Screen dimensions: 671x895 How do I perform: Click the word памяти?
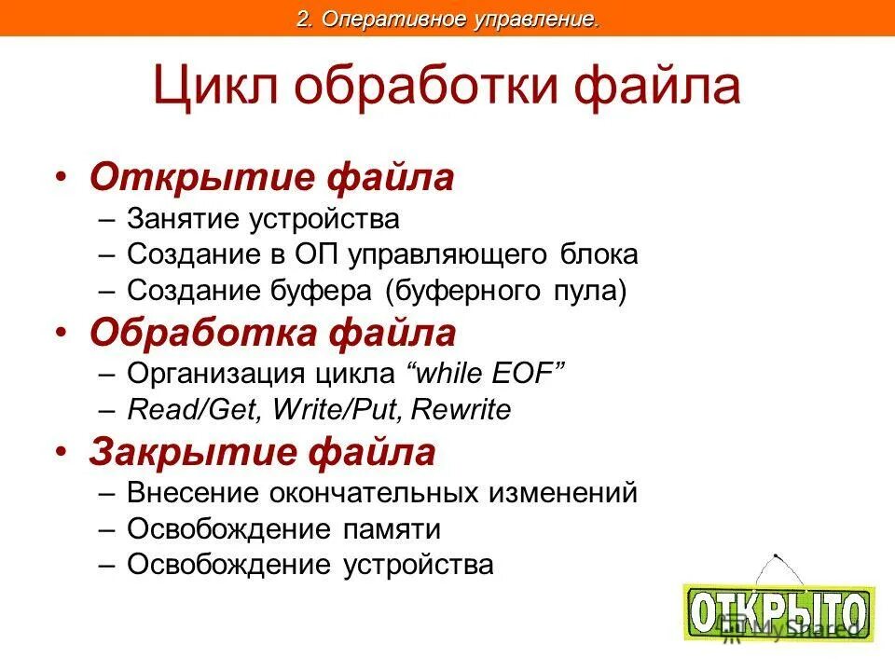point(391,529)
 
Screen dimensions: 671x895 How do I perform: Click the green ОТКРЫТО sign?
point(779,611)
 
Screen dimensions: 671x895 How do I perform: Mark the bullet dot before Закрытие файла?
point(61,451)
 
